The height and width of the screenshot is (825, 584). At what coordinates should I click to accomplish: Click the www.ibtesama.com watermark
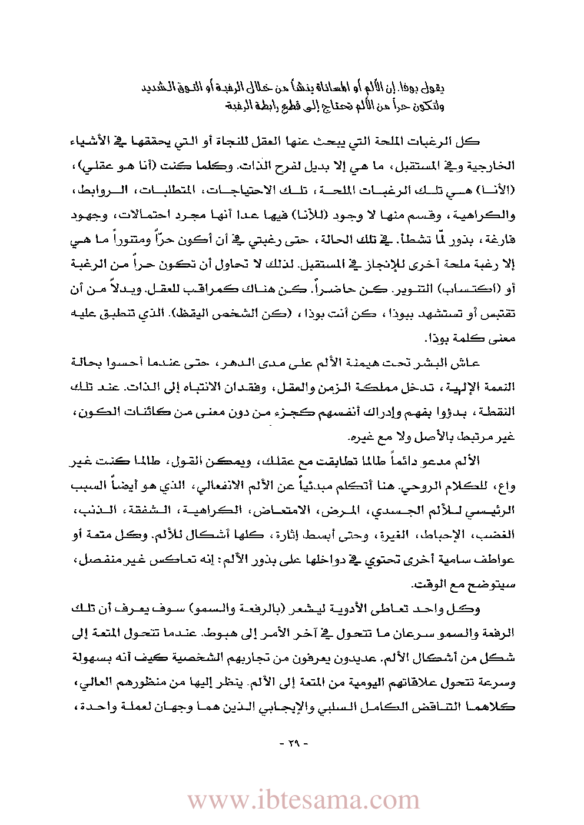(303, 800)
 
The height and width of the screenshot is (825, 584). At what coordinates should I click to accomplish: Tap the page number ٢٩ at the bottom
(293, 743)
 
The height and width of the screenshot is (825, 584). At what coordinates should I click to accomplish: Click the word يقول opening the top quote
(434, 88)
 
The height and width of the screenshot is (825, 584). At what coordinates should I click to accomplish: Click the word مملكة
(372, 387)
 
